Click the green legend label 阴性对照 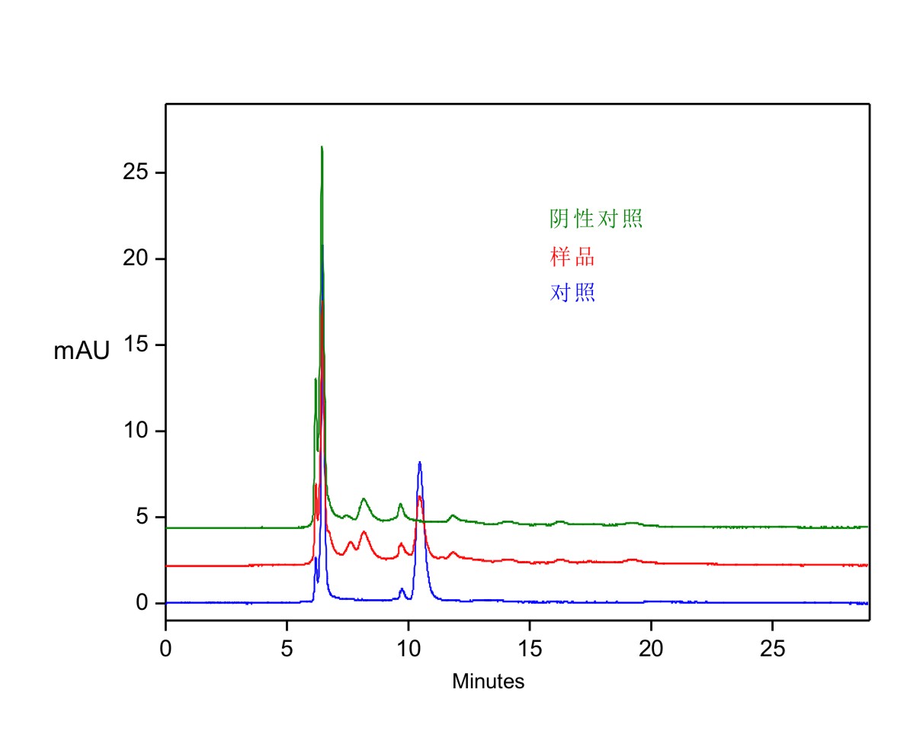[596, 220]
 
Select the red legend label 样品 [572, 257]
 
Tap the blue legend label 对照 [572, 293]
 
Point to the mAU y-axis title [82, 351]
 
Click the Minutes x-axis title [488, 681]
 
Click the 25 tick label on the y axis [134, 173]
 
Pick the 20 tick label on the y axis [134, 259]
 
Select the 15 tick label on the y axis [134, 345]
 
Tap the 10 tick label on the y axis [134, 431]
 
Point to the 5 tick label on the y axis [140, 518]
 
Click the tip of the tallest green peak [322, 147]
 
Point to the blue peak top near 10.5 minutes [419, 463]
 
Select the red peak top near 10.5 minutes [419, 497]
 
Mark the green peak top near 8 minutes [364, 499]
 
